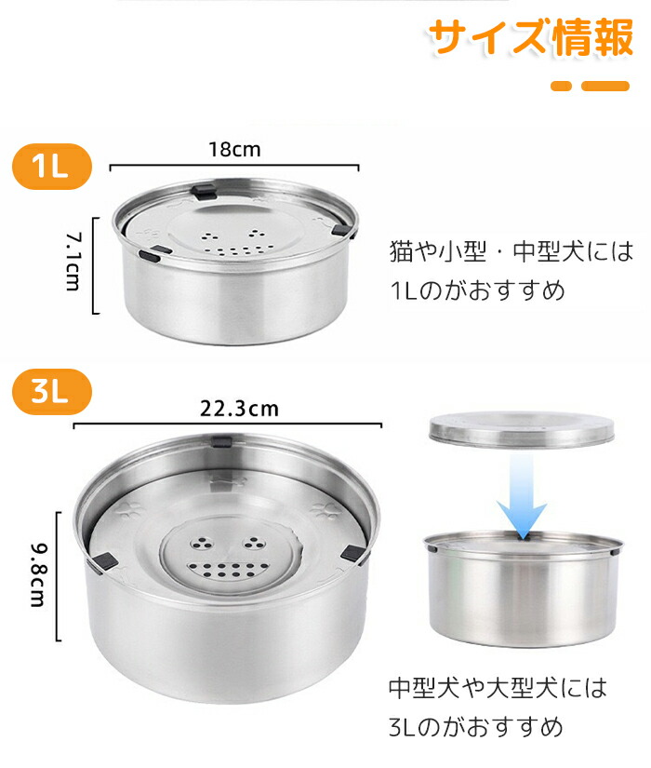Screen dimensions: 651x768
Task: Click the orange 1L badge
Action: (x=52, y=167)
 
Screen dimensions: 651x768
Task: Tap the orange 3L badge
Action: (x=52, y=392)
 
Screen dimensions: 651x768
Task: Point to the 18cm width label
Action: (x=235, y=149)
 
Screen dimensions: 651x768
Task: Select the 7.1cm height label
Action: (x=73, y=262)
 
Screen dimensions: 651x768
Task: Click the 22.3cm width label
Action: (x=239, y=409)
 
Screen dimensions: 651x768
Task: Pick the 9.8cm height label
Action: (x=38, y=574)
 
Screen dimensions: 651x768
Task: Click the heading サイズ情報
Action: (x=531, y=37)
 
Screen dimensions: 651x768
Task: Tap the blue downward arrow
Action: (x=522, y=495)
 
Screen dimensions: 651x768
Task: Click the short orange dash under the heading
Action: (x=561, y=87)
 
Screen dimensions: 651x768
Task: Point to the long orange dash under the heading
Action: (x=605, y=87)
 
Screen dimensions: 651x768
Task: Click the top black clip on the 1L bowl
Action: (x=204, y=192)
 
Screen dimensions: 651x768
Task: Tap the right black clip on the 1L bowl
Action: (x=341, y=229)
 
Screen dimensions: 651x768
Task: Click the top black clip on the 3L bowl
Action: (x=221, y=441)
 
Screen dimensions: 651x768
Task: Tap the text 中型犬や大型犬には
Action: (x=498, y=688)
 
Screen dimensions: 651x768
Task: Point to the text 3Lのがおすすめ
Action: (x=476, y=727)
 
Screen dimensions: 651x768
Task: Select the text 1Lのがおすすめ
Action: (x=478, y=290)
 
